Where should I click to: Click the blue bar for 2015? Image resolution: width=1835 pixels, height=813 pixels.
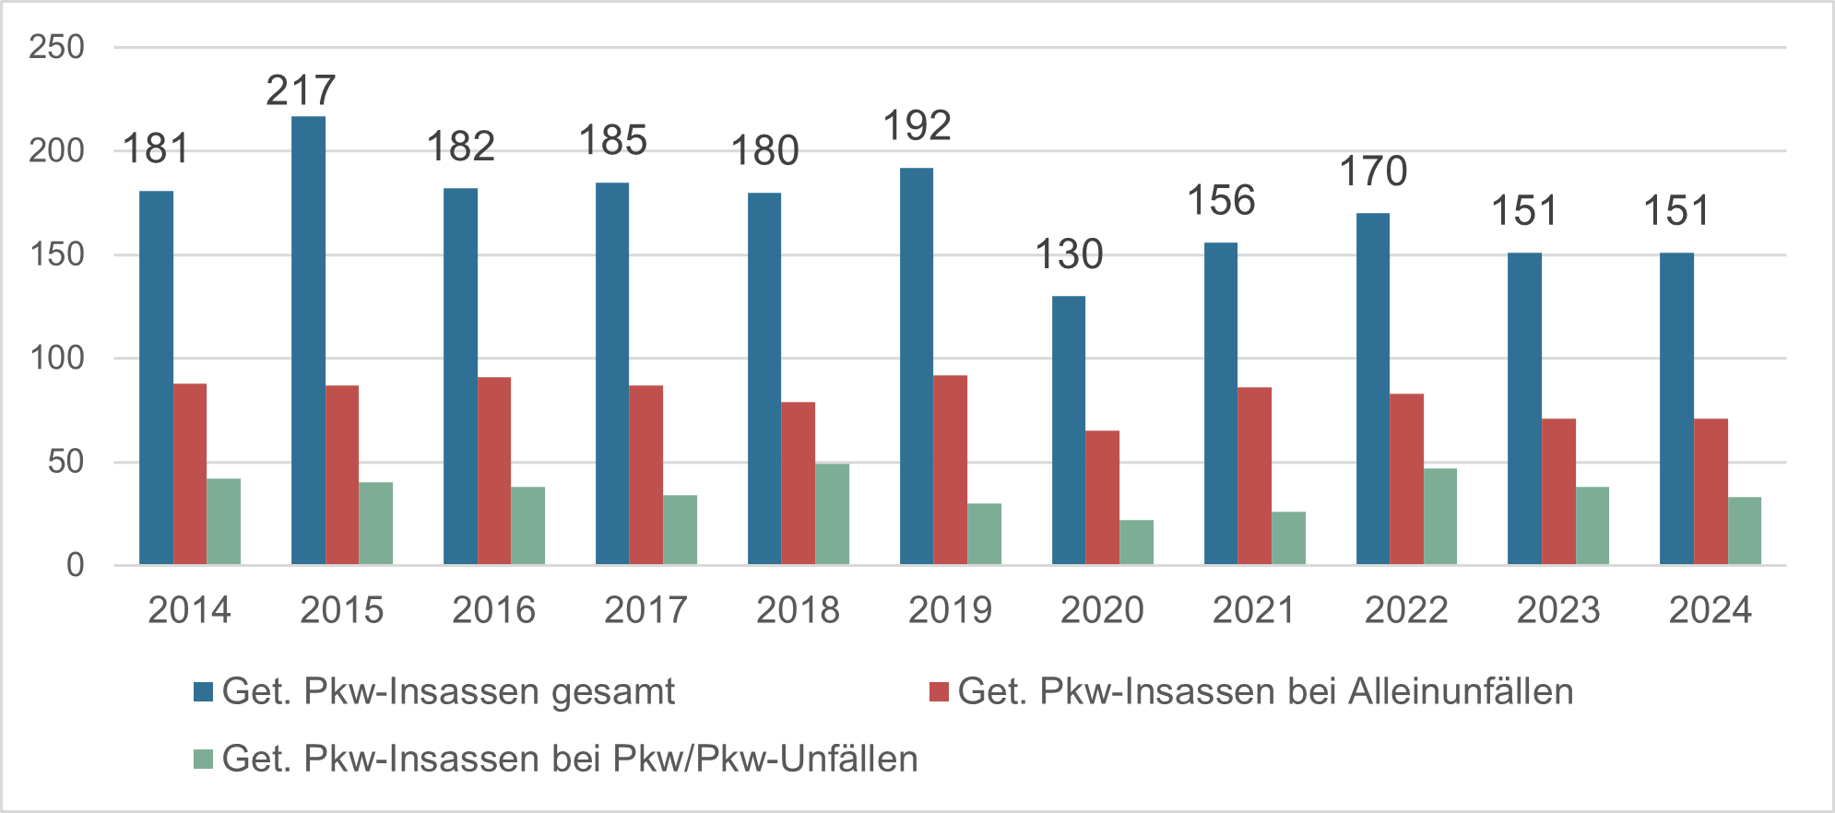[308, 340]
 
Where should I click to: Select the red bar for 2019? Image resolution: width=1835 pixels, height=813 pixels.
[950, 470]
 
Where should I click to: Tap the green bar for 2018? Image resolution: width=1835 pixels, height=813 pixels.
[832, 514]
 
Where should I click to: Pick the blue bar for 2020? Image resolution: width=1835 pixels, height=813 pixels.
[1069, 430]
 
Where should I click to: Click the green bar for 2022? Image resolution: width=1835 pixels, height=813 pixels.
[1440, 516]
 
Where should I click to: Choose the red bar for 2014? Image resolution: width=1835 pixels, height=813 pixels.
[190, 474]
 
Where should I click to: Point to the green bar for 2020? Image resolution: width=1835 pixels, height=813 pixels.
[1136, 542]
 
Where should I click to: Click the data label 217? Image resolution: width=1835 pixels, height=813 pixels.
[302, 90]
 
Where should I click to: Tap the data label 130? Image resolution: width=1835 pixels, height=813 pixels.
[1069, 254]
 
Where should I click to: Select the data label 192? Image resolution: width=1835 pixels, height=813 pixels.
[917, 126]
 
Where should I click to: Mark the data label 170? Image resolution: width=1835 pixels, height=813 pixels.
[1373, 171]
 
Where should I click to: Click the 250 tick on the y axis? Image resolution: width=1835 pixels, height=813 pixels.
[56, 47]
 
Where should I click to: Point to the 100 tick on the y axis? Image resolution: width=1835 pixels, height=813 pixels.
[56, 358]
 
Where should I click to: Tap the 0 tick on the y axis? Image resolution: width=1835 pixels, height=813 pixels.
[75, 565]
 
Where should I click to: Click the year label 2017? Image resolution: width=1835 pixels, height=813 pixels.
[645, 610]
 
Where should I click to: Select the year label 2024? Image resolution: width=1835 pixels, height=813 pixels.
[1711, 610]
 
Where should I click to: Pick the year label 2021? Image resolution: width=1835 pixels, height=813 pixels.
[1254, 610]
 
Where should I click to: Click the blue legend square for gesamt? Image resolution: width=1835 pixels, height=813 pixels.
[203, 692]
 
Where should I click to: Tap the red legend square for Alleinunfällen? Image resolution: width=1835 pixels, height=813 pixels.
[939, 692]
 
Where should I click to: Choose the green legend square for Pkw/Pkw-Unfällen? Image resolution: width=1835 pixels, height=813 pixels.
[203, 760]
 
